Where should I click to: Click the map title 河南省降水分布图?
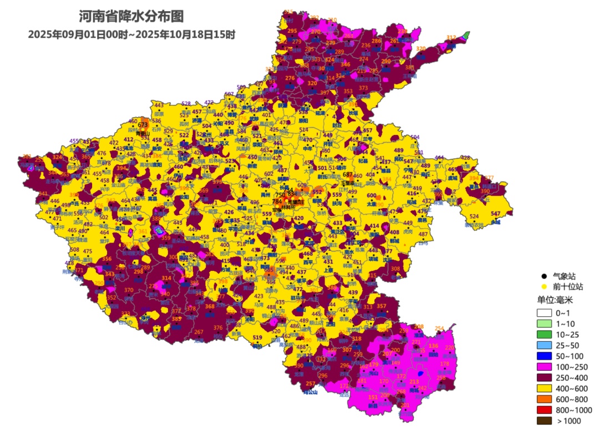coord(131,16)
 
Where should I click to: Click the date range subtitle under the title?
coord(131,34)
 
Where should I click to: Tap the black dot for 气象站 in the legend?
coord(544,276)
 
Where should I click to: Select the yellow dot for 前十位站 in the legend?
coord(544,287)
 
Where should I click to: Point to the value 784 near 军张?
coord(277,201)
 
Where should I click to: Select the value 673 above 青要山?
coord(143,125)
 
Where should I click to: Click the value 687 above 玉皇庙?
coord(348,175)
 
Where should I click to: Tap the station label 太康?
coord(371,204)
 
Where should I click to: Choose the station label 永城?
coord(495,222)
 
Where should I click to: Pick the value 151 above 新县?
coord(373,397)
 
